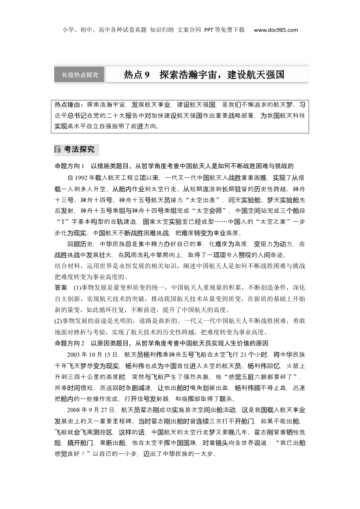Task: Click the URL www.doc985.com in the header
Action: (275, 30)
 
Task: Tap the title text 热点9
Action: (137, 75)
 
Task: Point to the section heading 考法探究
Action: (79, 150)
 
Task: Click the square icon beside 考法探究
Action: (58, 150)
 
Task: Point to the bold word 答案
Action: (61, 287)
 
